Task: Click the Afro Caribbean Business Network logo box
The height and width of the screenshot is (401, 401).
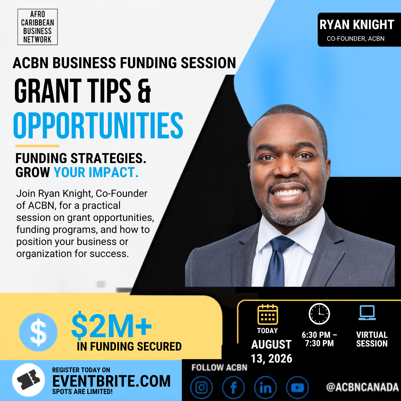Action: [37, 27]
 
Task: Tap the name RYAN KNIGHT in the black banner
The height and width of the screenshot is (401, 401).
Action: [357, 25]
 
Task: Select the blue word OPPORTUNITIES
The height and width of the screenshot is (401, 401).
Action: [98, 125]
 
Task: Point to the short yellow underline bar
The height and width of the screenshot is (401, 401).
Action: [37, 146]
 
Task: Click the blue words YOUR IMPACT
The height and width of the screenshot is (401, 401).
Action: [96, 172]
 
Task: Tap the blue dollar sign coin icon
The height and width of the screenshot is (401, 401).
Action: [38, 332]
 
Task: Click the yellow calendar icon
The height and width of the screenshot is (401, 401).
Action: [268, 314]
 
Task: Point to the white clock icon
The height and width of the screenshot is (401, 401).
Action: [319, 314]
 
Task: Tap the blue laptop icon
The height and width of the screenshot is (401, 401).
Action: [367, 312]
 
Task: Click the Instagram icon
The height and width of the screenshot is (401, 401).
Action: [202, 387]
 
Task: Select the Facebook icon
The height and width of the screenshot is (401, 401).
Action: [233, 387]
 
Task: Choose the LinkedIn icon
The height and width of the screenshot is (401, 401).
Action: [266, 387]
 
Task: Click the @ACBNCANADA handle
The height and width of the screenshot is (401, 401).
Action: [363, 387]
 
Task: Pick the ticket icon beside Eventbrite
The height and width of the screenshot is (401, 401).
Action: [28, 380]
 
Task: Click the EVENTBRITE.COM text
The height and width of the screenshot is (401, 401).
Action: [112, 381]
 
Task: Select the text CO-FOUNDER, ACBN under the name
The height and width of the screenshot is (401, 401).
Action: [356, 39]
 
